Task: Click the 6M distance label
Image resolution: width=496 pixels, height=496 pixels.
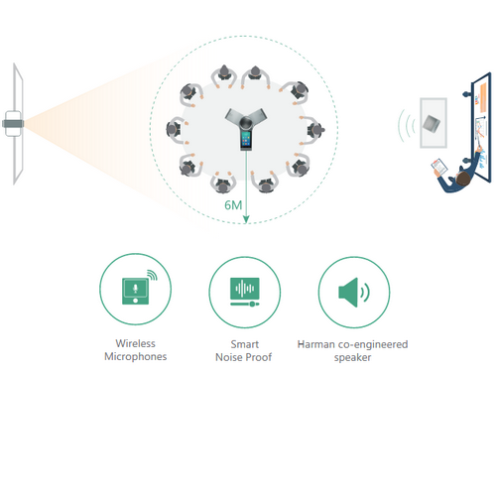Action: click(x=233, y=205)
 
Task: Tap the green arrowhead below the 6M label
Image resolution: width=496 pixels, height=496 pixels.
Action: click(x=246, y=219)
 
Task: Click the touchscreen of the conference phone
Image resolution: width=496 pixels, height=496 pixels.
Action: click(x=246, y=139)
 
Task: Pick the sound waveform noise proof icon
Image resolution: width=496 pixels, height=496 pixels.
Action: click(x=245, y=292)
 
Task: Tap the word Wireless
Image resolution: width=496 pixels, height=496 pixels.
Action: click(x=135, y=343)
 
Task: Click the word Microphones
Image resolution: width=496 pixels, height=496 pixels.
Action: click(x=136, y=356)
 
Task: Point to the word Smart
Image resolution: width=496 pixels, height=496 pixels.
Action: click(x=245, y=344)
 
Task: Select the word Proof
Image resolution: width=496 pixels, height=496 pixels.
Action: click(x=259, y=357)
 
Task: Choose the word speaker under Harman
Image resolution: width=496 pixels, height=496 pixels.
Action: click(x=352, y=358)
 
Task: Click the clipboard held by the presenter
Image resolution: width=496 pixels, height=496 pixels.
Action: click(x=439, y=167)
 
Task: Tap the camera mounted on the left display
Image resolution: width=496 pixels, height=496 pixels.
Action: click(x=13, y=124)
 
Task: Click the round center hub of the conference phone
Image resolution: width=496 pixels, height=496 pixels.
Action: click(x=246, y=123)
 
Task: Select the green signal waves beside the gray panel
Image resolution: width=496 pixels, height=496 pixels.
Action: click(x=407, y=126)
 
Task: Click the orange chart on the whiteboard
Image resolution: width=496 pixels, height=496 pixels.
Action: click(x=482, y=97)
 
